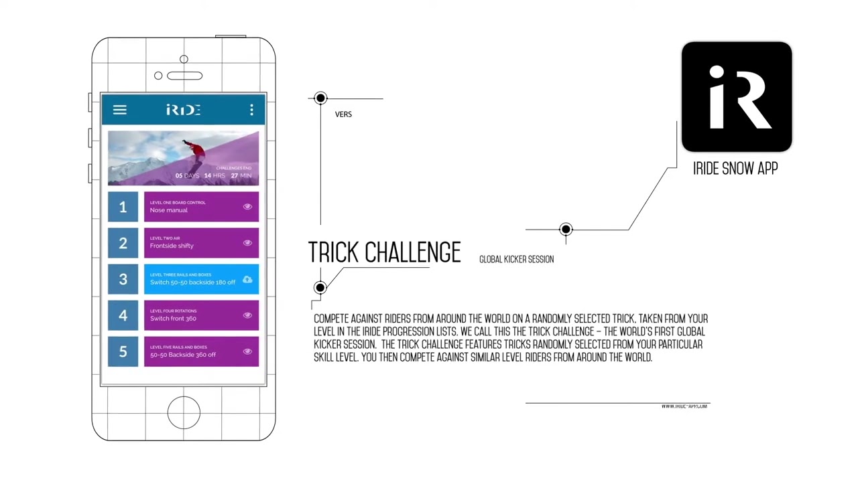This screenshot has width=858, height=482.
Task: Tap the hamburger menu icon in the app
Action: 119,110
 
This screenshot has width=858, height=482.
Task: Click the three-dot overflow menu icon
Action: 251,110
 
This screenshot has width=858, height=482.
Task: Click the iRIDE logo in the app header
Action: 183,110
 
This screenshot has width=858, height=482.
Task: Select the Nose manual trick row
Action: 194,207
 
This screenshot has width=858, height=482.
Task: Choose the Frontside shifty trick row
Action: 194,243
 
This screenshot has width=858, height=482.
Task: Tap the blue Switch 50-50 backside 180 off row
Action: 194,279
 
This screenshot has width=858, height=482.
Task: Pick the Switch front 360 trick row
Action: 194,315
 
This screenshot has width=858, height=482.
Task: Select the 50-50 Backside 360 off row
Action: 194,351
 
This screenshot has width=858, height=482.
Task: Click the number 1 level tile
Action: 123,207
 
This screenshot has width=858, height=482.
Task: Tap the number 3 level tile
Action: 123,279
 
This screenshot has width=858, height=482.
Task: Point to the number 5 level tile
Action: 123,351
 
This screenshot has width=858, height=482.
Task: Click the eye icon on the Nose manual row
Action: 247,207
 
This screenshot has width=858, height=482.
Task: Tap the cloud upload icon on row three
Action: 247,279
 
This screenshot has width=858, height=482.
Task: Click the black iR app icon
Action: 736,97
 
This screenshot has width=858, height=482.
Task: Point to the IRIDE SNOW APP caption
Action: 735,169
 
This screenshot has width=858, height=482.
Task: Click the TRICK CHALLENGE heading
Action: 384,252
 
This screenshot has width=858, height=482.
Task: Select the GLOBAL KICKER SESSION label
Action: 516,259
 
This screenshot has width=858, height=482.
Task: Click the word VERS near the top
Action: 343,114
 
